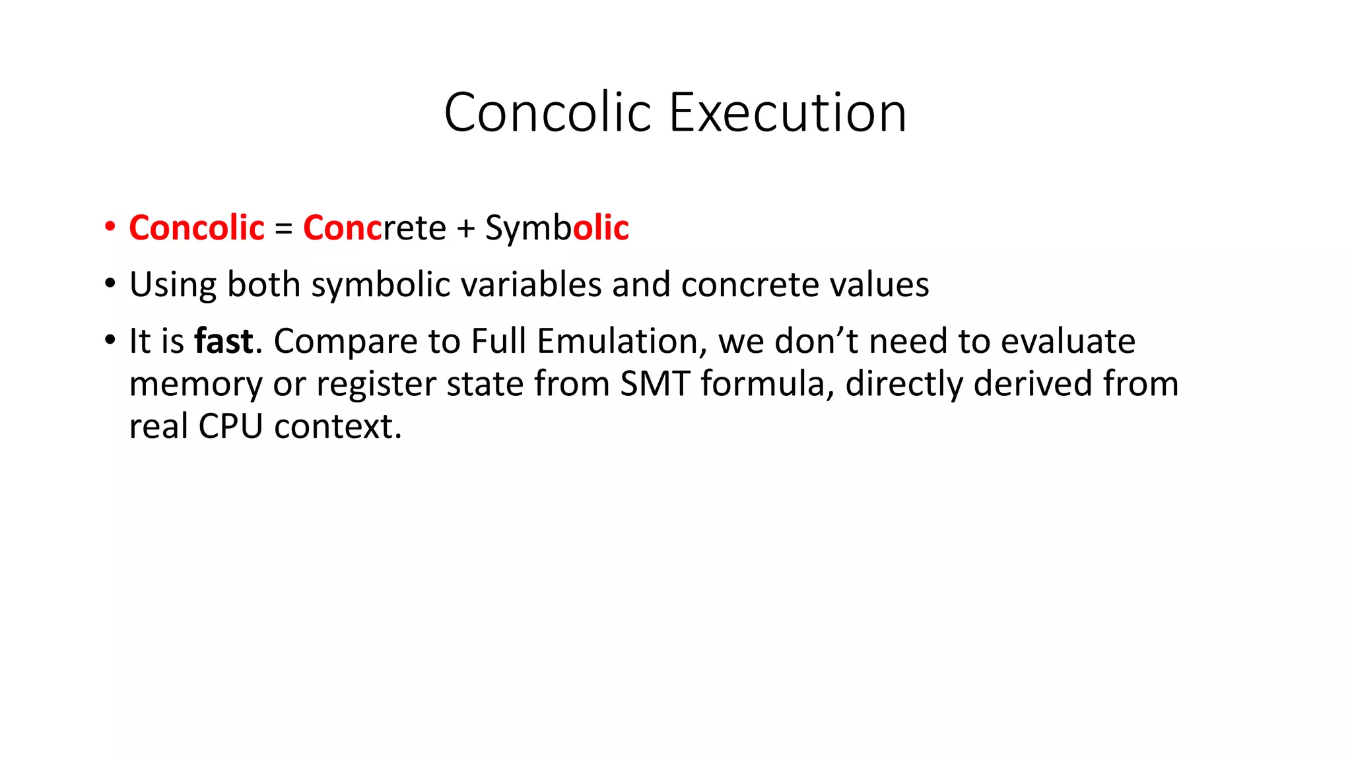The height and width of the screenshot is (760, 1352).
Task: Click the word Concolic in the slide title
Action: click(547, 113)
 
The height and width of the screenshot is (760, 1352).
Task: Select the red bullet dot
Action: click(110, 227)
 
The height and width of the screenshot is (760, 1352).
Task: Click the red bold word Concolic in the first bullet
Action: click(197, 228)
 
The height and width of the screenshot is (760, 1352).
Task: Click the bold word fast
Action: click(223, 341)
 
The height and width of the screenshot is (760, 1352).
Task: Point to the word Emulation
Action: click(618, 341)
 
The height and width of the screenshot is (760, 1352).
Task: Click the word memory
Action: click(195, 385)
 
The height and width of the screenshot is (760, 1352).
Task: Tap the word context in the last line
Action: click(337, 426)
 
